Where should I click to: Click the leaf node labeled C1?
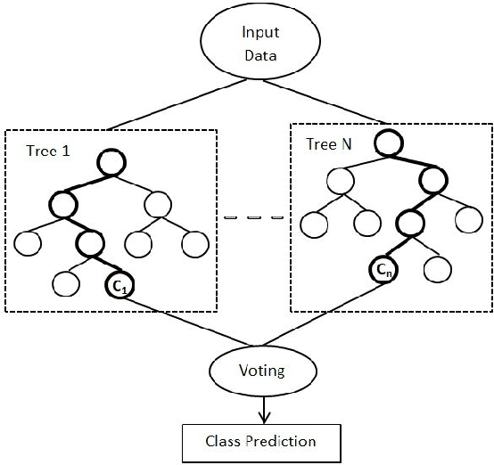tap(119, 285)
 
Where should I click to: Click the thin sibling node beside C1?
tap(66, 283)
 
